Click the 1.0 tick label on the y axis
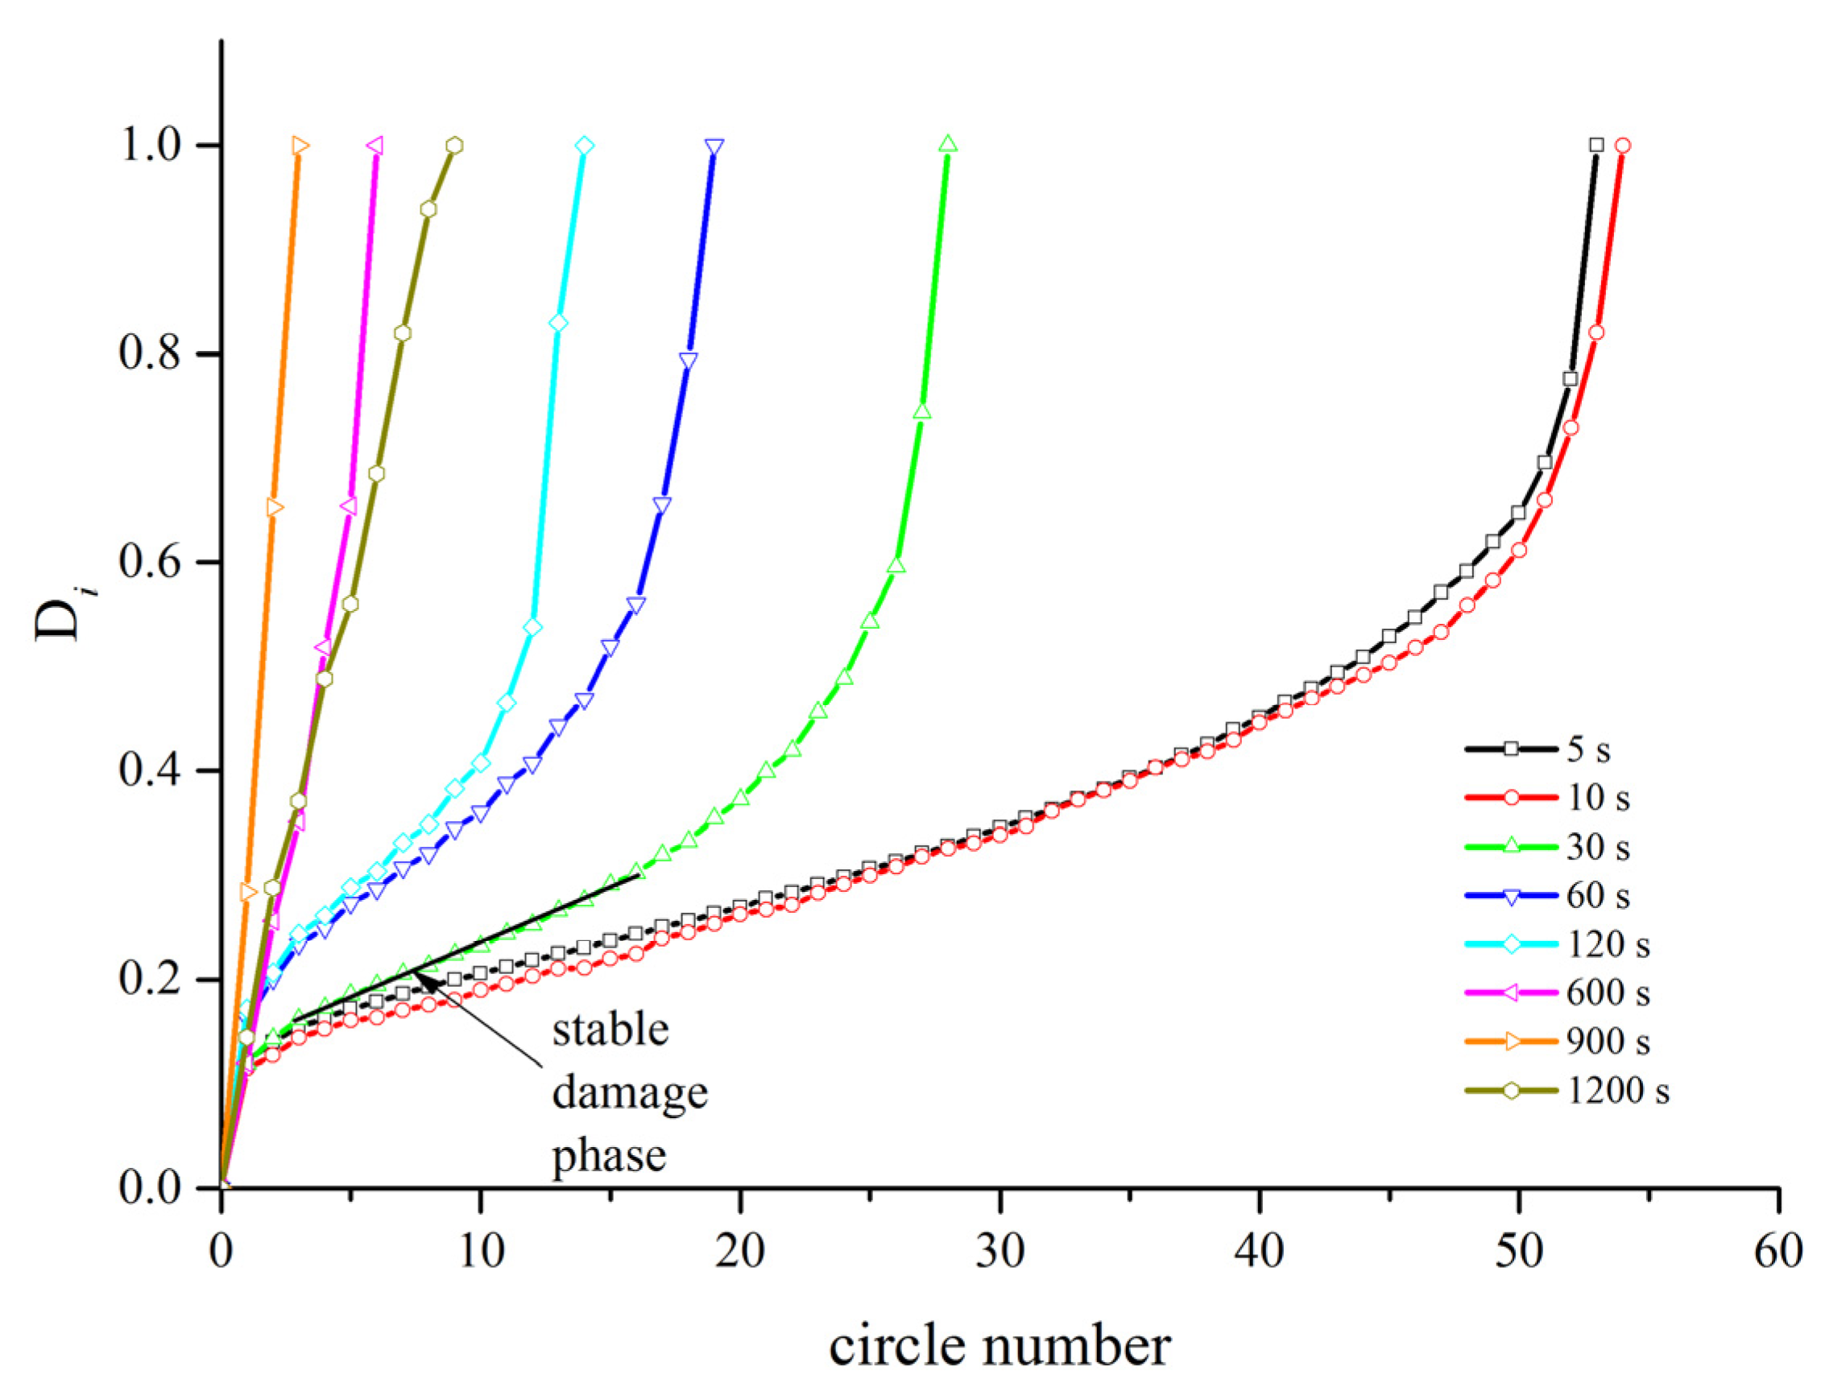point(150,146)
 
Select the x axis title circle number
point(999,1346)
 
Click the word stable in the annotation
point(610,1030)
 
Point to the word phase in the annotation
point(609,1156)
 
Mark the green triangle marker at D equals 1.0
point(948,143)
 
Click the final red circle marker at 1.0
point(1622,146)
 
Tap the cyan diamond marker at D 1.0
point(585,146)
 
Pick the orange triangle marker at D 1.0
point(300,146)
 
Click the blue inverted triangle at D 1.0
point(714,147)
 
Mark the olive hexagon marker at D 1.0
point(453,146)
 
